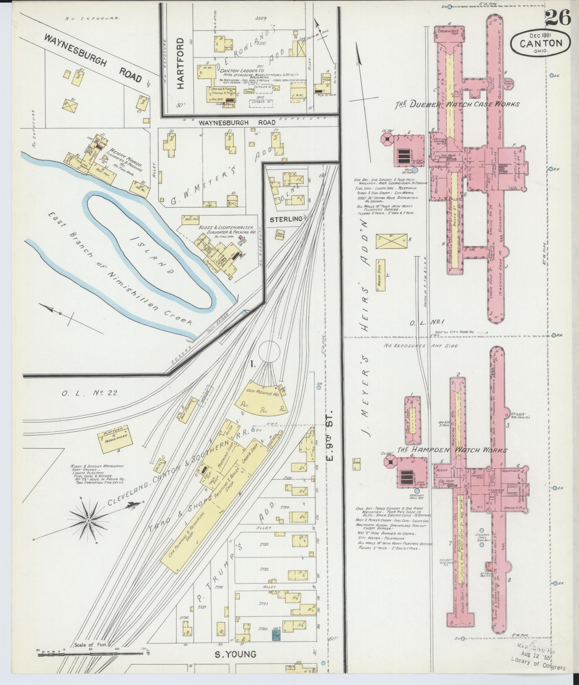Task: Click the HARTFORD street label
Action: [181, 64]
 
